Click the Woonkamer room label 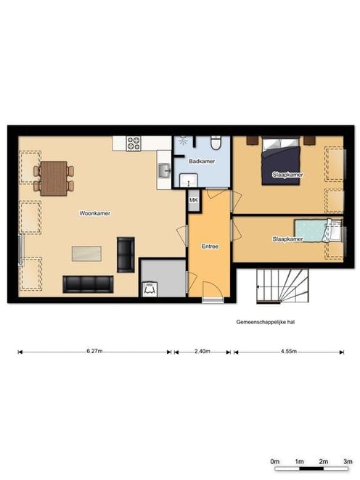tap(94, 213)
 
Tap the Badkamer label tap(202, 161)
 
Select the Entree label tap(210, 246)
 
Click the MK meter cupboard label tap(193, 200)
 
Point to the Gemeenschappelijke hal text tap(266, 322)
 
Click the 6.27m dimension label tap(94, 351)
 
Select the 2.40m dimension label tap(202, 351)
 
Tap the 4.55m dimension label tap(289, 351)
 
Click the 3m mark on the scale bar tap(348, 461)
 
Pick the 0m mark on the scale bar tap(275, 461)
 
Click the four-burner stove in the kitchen tap(134, 144)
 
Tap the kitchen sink tap(164, 170)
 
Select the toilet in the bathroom tap(216, 143)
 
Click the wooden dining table tap(54, 178)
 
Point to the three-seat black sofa tap(88, 284)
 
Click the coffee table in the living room tap(86, 254)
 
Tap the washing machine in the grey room tap(150, 289)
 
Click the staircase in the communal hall tap(282, 286)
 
